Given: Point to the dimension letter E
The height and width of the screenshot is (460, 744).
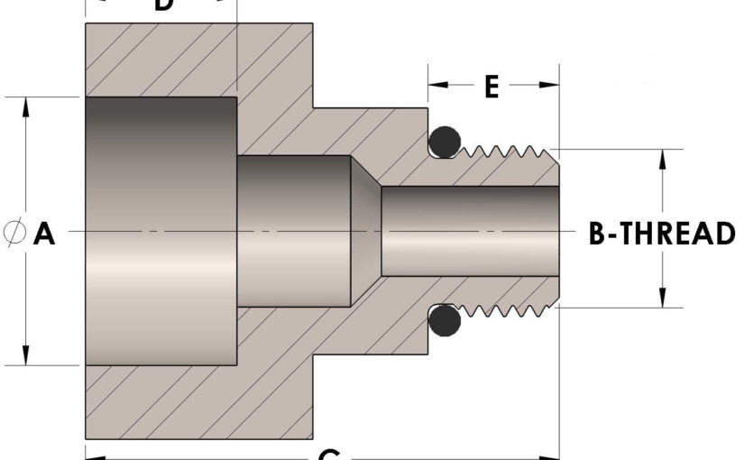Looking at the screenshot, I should point(491,87).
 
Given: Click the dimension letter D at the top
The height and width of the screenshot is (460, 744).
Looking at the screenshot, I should point(162,5).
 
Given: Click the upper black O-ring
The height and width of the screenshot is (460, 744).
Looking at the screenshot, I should point(444,141).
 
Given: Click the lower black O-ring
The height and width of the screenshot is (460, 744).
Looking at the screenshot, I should point(444,320).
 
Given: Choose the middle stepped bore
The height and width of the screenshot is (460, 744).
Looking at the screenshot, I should point(293,230).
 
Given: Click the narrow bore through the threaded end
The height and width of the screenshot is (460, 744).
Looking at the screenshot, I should point(469,230).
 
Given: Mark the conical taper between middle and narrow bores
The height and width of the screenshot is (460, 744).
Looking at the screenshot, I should point(365,230).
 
